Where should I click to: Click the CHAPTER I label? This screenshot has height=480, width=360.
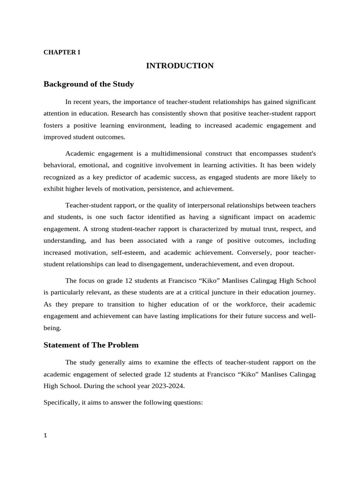coord(62,52)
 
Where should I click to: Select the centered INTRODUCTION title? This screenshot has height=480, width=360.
coord(180,66)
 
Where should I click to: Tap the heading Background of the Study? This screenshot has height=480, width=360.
coord(89,84)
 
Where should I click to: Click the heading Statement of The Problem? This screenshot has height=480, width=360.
coord(91,345)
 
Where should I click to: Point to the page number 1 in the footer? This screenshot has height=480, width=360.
coord(45,435)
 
